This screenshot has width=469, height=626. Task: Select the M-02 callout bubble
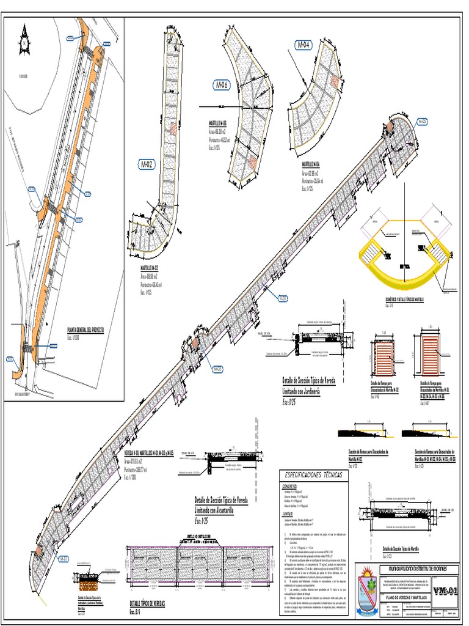tap(147, 164)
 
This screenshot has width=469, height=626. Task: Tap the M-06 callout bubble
tap(220, 85)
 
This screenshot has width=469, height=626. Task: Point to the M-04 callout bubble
tap(304, 45)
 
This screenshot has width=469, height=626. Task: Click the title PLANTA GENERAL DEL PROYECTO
tap(85, 329)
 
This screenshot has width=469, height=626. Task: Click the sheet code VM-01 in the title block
tap(445, 574)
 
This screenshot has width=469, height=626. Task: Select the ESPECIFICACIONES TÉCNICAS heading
tap(311, 474)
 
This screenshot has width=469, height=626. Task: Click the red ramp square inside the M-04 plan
tap(334, 81)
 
